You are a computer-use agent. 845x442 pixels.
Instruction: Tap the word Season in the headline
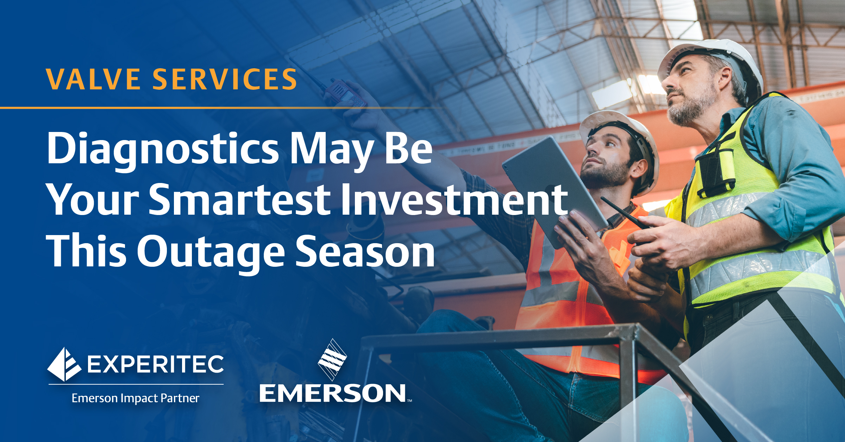pos(365,251)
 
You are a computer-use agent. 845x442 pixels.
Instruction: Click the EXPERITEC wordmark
pos(155,364)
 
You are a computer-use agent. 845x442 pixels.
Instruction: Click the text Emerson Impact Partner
pos(136,398)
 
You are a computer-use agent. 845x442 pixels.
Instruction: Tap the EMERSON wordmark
pos(333,393)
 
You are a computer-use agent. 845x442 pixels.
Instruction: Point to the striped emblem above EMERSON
pos(332,360)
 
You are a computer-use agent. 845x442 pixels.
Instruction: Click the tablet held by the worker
pos(553,190)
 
